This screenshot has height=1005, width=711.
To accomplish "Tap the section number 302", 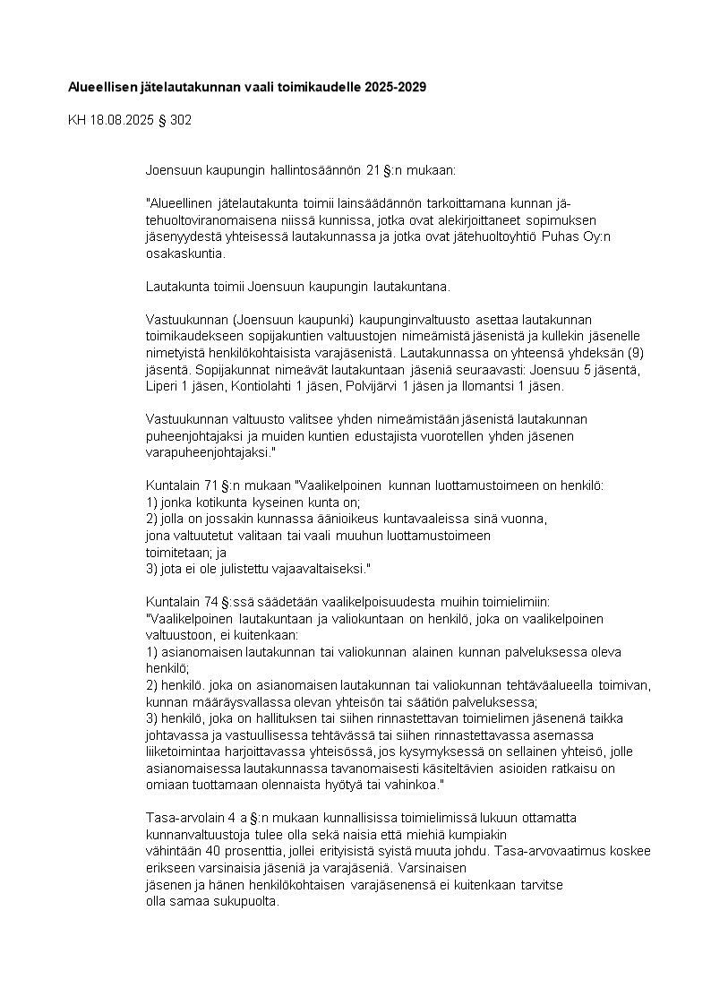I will coord(179,119).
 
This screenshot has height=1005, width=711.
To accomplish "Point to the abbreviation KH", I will coord(77,119).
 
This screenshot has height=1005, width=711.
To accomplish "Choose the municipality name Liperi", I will coord(162,386).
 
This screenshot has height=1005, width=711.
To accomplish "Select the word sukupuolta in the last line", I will coord(250,901).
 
